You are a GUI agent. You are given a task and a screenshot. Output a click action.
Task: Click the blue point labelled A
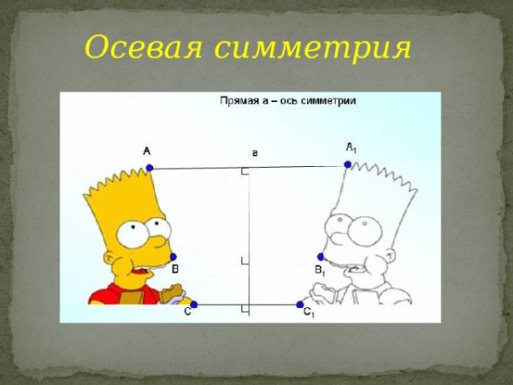[149, 168]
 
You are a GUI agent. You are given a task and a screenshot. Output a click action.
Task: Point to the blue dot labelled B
[173, 257]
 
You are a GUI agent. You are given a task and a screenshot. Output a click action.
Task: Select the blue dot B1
[321, 257]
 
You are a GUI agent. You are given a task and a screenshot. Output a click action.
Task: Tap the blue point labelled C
[193, 305]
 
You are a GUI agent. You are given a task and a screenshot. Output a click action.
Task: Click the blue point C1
[300, 305]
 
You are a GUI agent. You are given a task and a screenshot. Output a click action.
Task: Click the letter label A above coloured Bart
[147, 151]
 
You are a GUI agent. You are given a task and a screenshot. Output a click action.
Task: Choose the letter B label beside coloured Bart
[175, 269]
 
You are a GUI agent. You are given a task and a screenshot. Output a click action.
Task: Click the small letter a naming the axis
[254, 152]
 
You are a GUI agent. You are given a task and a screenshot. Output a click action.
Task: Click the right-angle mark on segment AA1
[245, 173]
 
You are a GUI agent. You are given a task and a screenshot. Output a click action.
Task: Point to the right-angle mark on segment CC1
[245, 308]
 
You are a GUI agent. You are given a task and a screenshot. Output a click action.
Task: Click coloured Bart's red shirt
[120, 296]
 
